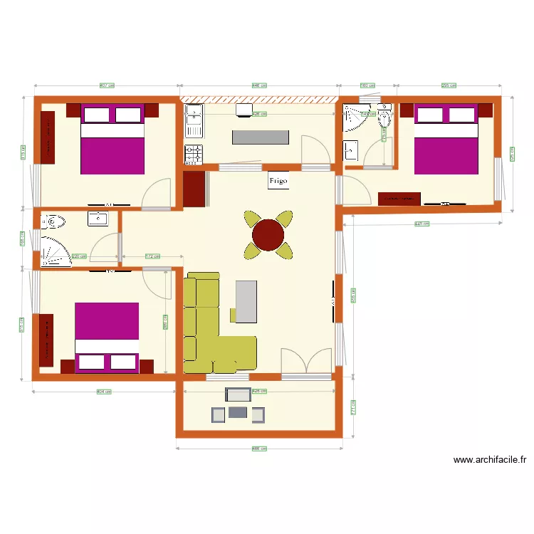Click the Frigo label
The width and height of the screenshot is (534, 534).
(278, 181)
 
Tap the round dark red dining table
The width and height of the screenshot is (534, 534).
(268, 235)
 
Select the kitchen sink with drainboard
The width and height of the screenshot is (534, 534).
(194, 121)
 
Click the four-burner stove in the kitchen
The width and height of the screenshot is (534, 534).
(194, 154)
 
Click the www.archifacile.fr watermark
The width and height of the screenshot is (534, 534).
(489, 460)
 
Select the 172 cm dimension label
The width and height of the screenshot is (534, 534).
(152, 256)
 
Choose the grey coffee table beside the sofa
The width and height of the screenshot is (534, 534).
(246, 301)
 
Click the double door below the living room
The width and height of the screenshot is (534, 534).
(306, 362)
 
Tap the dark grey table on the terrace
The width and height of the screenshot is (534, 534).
(238, 412)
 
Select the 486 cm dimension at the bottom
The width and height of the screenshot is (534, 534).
(259, 449)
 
